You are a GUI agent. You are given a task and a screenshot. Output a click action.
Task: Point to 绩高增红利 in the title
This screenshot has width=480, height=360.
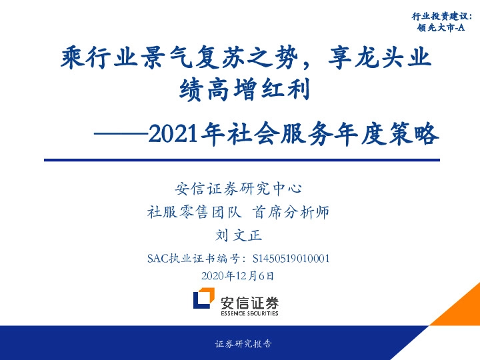click(x=245, y=89)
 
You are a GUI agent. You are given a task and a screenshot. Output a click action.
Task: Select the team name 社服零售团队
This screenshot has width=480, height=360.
click(x=193, y=213)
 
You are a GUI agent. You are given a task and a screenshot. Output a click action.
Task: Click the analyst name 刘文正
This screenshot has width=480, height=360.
click(x=239, y=235)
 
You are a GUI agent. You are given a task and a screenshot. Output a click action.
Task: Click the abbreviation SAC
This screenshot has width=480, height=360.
click(x=158, y=257)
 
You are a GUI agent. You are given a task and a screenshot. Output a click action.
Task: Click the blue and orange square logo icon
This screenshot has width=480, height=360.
click(x=204, y=300)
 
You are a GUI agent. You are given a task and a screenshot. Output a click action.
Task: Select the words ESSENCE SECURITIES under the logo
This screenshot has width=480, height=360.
click(x=249, y=312)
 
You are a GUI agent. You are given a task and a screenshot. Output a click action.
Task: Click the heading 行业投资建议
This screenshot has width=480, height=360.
click(x=440, y=15)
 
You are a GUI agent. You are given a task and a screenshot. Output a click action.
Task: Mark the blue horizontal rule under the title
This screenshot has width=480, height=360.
click(x=241, y=160)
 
